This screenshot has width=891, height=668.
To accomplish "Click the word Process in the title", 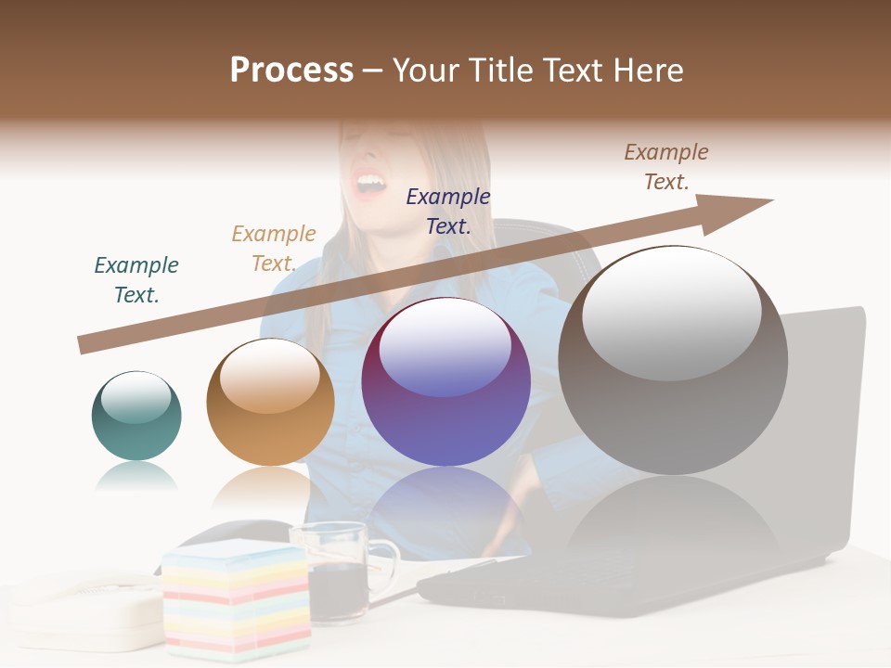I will click(291, 71).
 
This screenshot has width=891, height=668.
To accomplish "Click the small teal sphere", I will click(136, 416).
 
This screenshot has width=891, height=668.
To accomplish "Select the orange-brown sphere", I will click(270, 402).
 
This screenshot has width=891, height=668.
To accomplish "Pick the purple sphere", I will click(445, 381).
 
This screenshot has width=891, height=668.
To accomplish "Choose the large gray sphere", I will click(673, 360).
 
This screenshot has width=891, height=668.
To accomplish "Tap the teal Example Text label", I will click(136, 280).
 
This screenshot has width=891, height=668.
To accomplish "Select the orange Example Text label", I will click(274, 249).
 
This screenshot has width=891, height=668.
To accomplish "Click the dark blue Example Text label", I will click(448, 211).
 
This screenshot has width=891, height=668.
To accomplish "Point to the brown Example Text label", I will click(666, 167).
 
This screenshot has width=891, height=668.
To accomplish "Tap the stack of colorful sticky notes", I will click(236, 598).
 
